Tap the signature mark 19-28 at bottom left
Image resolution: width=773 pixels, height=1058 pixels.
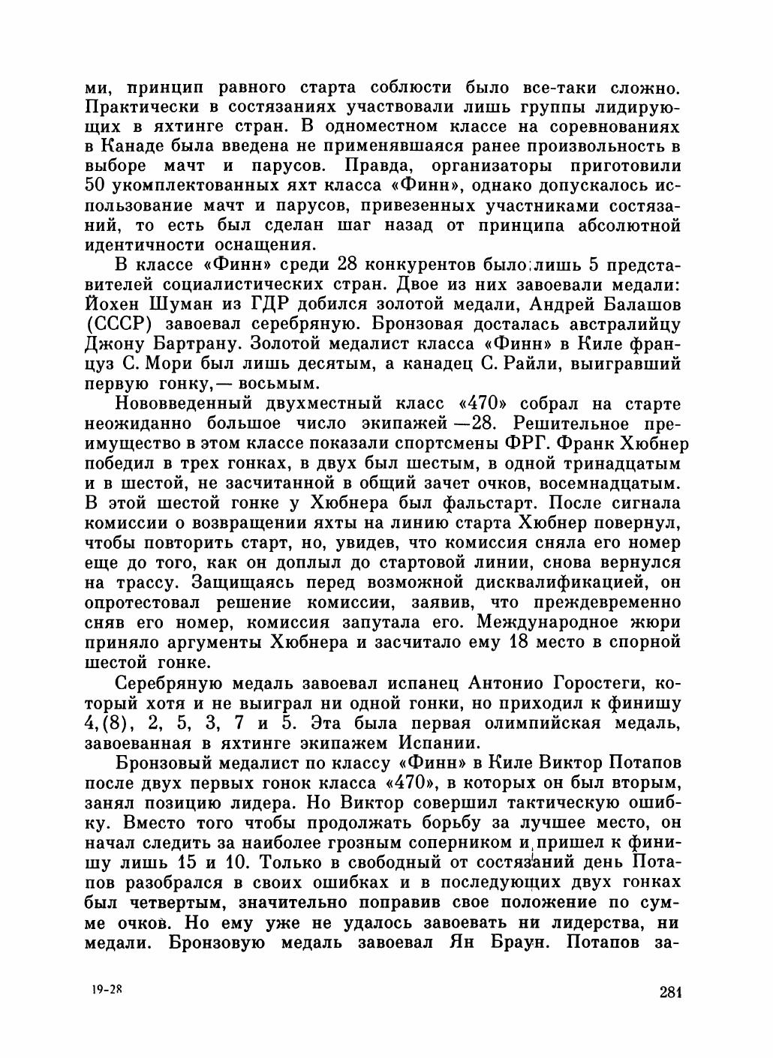106,990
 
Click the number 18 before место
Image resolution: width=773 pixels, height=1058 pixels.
498,643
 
